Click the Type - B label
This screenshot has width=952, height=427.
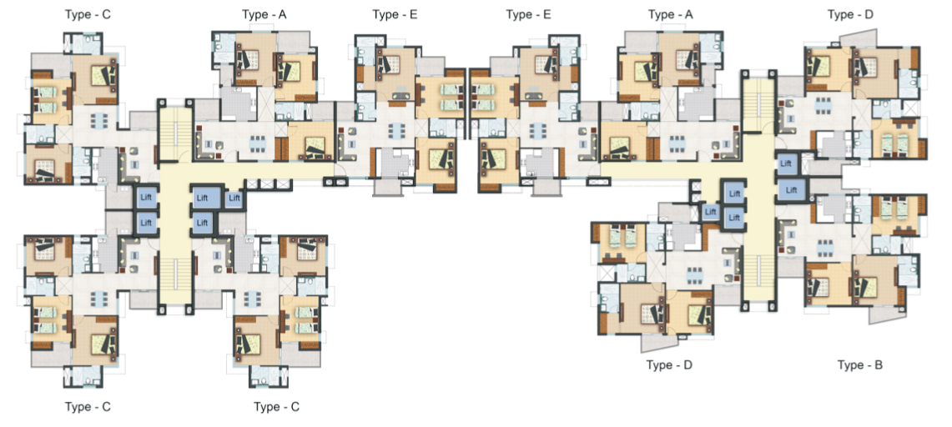859,365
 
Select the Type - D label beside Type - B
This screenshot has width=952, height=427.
669,365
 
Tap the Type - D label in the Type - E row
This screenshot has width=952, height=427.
850,14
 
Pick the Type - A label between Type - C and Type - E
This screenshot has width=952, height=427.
264,14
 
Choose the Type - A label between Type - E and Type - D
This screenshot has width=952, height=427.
670,14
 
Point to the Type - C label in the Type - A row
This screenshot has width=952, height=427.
88,14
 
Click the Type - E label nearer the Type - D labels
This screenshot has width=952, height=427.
528,14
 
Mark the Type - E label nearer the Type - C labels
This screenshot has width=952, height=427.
395,14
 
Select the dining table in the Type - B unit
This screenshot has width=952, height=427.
824,248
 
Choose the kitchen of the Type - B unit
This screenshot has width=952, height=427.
832,208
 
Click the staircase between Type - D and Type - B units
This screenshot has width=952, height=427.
758,277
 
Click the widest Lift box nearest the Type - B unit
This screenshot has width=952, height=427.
790,190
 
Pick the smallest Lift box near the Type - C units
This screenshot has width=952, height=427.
234,198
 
